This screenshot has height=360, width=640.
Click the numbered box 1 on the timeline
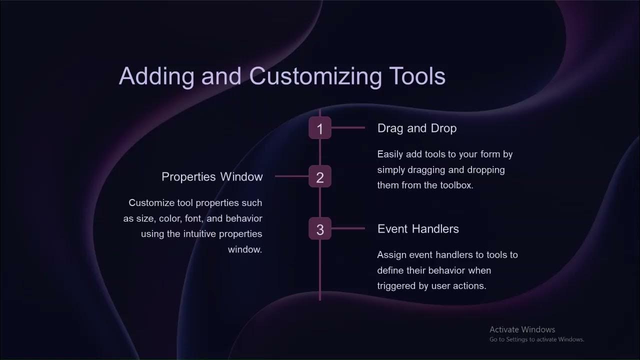320,128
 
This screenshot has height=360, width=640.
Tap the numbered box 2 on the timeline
320,177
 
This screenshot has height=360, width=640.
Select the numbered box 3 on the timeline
320,229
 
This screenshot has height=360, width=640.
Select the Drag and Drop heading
416,128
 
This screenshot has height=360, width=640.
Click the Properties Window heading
212,177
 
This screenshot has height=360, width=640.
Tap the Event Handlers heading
418,229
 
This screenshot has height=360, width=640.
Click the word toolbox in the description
455,185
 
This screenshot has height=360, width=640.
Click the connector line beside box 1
348,128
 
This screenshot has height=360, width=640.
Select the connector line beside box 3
348,229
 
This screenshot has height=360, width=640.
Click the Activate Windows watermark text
522,329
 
